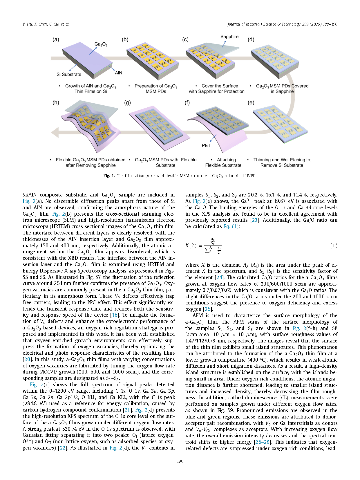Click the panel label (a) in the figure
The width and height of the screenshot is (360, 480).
(x=56, y=39)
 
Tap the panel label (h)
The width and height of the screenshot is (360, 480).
(x=56, y=102)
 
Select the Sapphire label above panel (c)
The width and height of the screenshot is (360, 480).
(x=229, y=37)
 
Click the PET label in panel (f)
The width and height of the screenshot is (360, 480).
(x=206, y=145)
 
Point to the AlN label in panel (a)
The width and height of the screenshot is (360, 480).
(x=118, y=73)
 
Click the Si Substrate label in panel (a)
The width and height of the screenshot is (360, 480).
(x=69, y=74)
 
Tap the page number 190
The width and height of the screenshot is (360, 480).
(x=180, y=461)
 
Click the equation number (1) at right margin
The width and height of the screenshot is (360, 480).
(x=334, y=246)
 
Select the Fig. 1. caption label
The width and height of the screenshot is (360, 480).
(x=109, y=176)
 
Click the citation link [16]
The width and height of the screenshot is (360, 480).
(x=115, y=315)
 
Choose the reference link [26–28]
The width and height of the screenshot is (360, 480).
(x=262, y=442)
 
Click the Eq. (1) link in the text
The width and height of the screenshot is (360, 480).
(x=231, y=226)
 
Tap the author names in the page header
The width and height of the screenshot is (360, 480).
(x=46, y=24)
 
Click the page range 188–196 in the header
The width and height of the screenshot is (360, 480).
(x=330, y=24)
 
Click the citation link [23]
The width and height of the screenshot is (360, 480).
(x=254, y=220)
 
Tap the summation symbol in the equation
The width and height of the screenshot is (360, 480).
(x=207, y=250)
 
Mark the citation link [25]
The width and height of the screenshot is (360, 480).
(x=208, y=309)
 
